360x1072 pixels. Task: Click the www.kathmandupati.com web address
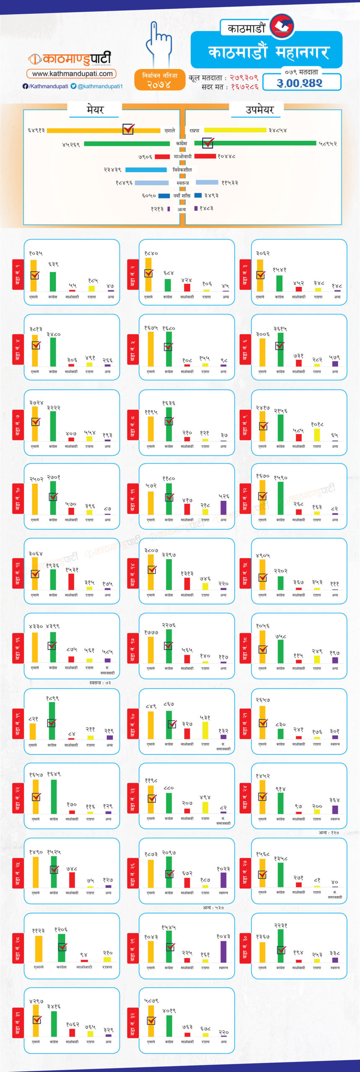(x=72, y=74)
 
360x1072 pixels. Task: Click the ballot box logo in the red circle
(x=282, y=26)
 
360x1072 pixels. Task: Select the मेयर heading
(x=95, y=110)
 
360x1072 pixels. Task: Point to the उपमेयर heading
(x=260, y=110)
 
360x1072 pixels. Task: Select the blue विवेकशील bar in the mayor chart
(x=146, y=170)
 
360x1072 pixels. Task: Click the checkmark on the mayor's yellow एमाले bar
(x=128, y=129)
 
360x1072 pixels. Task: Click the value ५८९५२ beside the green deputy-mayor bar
(x=328, y=144)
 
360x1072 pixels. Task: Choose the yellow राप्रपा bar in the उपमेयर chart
(x=235, y=130)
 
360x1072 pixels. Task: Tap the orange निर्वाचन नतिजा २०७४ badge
(x=159, y=80)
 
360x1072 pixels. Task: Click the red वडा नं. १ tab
(x=18, y=274)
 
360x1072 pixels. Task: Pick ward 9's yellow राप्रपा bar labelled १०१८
(x=317, y=435)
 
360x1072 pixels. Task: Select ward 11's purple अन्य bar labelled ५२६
(x=224, y=507)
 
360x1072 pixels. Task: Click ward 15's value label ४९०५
(x=262, y=556)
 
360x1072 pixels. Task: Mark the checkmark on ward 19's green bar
(x=51, y=723)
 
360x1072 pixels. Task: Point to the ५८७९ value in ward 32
(x=151, y=1000)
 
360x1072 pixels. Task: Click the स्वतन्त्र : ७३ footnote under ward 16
(x=100, y=683)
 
